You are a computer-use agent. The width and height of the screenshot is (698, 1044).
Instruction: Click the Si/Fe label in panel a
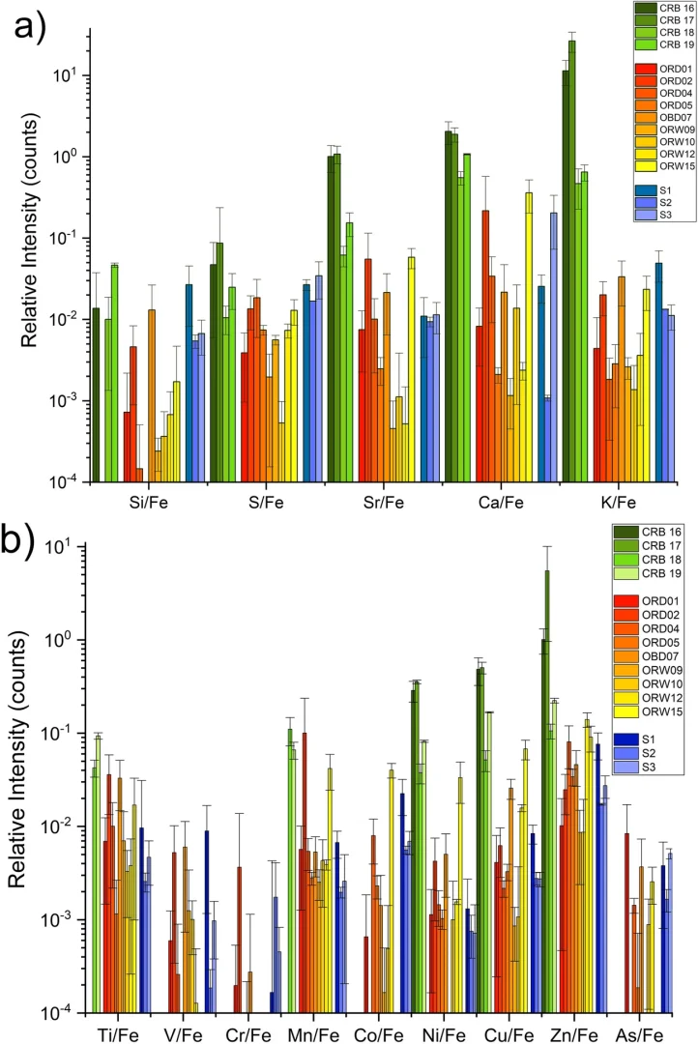pyautogui.click(x=149, y=502)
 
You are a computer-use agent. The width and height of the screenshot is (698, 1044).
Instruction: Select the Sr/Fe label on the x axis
pyautogui.click(x=384, y=502)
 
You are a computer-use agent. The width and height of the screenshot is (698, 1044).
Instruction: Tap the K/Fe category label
pyautogui.click(x=618, y=502)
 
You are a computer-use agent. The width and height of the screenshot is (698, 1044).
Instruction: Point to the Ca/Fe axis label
pyautogui.click(x=501, y=502)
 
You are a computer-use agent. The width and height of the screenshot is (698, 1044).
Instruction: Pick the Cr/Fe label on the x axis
pyautogui.click(x=248, y=1034)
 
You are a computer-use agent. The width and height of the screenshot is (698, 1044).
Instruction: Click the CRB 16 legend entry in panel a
pyautogui.click(x=664, y=8)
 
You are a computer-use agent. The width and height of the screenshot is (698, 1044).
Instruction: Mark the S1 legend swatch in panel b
pyautogui.click(x=626, y=739)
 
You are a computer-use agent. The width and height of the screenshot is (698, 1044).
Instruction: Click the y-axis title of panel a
pyautogui.click(x=29, y=230)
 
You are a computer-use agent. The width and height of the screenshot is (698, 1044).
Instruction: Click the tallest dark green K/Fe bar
pyautogui.click(x=572, y=261)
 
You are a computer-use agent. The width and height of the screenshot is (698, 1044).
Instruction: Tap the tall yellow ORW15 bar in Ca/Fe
pyautogui.click(x=530, y=337)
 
